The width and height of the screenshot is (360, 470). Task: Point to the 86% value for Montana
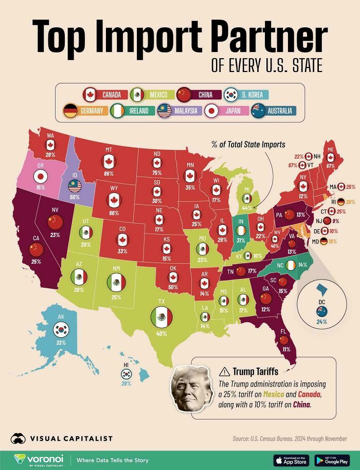(x=109, y=175)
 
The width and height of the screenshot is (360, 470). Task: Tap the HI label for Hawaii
(x=125, y=364)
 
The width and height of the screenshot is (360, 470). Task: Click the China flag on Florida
(x=283, y=340)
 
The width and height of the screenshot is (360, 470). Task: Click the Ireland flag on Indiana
(x=240, y=230)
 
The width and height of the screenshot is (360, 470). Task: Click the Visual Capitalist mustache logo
(x=19, y=439)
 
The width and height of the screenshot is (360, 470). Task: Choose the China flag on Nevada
(x=55, y=222)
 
